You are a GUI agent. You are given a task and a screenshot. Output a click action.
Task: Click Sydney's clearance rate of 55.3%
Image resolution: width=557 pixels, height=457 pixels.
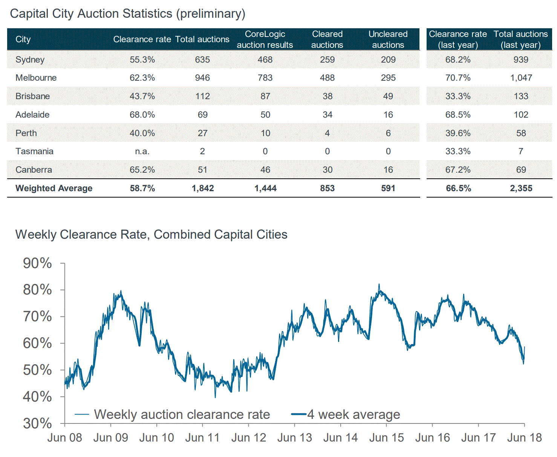(x=142, y=60)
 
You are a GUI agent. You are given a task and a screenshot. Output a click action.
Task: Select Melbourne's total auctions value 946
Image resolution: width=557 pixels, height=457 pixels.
(x=202, y=78)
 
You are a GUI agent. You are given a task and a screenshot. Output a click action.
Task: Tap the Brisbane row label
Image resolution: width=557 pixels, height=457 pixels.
(x=32, y=96)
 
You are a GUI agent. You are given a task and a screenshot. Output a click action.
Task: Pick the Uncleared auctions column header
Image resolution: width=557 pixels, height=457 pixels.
(x=388, y=39)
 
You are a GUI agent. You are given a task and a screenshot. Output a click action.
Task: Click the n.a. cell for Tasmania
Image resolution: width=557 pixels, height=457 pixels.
(x=142, y=151)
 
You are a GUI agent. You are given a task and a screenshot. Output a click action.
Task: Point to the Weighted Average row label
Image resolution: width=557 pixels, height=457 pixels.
(x=54, y=188)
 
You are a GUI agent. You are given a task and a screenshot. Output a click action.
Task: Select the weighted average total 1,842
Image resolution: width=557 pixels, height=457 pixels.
(x=203, y=188)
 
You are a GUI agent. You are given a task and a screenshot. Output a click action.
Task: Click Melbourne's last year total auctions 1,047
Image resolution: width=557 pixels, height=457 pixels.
(x=521, y=78)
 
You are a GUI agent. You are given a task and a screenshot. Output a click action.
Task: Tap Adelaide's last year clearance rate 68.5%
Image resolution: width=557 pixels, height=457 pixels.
(x=458, y=115)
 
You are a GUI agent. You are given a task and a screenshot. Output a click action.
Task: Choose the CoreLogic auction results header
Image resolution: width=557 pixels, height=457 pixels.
(x=265, y=39)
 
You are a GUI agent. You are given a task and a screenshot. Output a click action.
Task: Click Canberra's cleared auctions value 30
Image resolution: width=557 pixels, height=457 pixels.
(x=327, y=170)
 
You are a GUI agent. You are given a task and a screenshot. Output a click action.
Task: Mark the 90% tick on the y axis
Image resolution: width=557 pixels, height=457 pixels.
(x=37, y=263)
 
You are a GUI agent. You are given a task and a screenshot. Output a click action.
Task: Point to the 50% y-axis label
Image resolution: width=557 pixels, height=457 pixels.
(x=37, y=370)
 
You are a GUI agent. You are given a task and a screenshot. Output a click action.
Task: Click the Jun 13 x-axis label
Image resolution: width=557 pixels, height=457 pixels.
(x=294, y=438)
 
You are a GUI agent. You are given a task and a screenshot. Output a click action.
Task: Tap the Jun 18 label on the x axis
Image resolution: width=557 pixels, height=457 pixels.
(x=524, y=438)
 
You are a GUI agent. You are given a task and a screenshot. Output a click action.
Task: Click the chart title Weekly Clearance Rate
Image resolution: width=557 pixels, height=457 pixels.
(x=151, y=235)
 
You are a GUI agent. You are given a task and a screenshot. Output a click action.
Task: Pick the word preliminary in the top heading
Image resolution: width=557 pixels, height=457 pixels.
(x=212, y=14)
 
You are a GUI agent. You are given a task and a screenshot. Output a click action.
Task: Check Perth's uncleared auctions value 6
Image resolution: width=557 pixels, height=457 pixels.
(x=388, y=133)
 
